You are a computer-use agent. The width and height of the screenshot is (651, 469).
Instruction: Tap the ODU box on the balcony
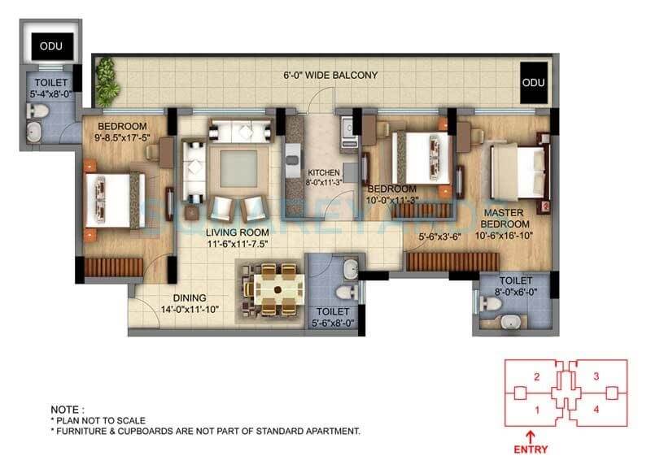[533, 82]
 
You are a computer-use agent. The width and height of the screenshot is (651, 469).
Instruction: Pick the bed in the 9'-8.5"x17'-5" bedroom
[114, 199]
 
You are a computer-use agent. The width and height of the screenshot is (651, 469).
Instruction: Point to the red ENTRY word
[531, 449]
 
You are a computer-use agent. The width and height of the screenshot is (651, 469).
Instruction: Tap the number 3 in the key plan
[596, 376]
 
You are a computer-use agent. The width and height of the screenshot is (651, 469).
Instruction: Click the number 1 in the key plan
[536, 409]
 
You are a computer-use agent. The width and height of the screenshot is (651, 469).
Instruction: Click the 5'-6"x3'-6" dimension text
[440, 237]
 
